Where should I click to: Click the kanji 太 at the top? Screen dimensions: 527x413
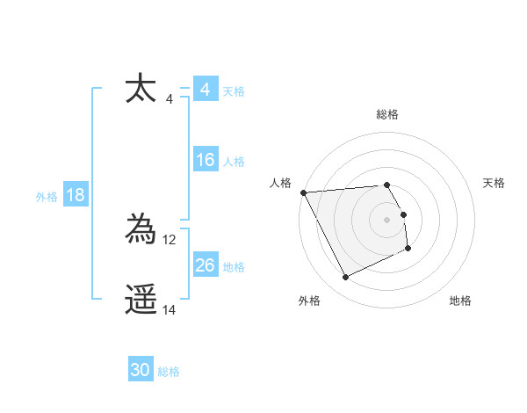[141, 89]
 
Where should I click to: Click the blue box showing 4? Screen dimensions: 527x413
[205, 90]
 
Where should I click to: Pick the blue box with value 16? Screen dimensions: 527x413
[205, 160]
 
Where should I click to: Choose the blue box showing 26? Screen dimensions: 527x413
[205, 265]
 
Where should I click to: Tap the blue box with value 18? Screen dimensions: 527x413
[76, 195]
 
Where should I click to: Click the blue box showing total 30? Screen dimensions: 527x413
[141, 370]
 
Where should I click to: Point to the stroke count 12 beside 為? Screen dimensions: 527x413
[170, 239]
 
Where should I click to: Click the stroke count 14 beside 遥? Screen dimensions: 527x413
[170, 309]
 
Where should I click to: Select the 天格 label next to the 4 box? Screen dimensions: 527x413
[234, 91]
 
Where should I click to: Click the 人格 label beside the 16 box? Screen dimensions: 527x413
[234, 161]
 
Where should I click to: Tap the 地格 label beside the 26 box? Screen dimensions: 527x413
[234, 266]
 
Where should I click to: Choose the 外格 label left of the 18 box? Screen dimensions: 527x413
[47, 197]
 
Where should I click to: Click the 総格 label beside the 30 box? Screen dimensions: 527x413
[169, 372]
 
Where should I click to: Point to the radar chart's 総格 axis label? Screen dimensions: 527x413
[387, 114]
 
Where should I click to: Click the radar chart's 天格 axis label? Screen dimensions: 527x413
[495, 183]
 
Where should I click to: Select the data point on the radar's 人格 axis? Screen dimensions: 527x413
[303, 192]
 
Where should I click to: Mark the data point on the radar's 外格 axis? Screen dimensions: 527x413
[345, 278]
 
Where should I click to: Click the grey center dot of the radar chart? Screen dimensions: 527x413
[387, 220]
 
